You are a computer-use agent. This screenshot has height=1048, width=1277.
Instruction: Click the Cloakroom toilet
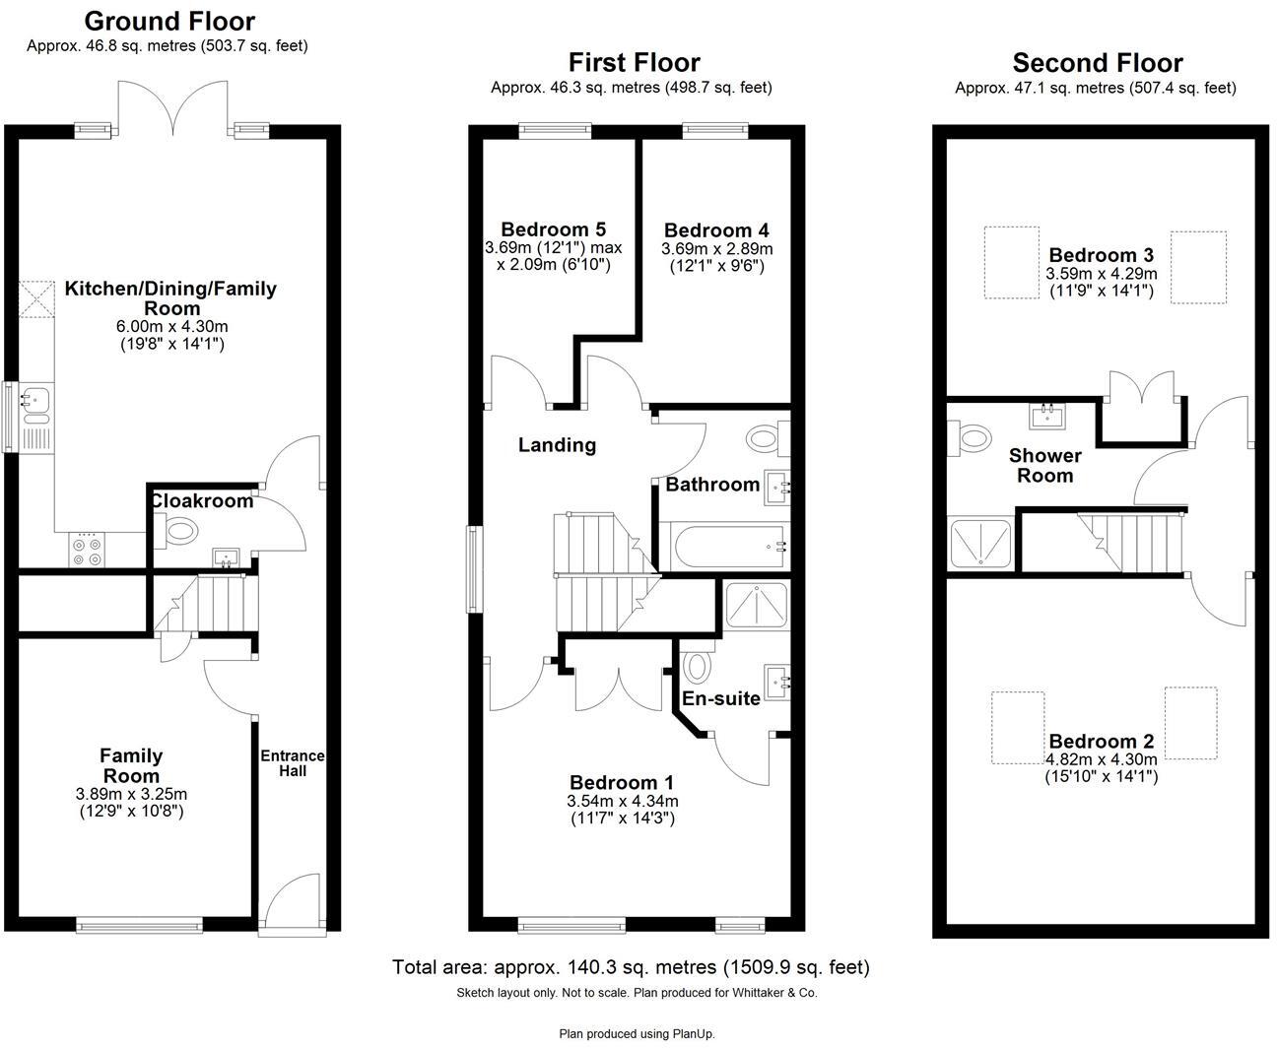click(179, 532)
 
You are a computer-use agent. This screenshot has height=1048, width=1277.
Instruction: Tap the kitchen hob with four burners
click(85, 550)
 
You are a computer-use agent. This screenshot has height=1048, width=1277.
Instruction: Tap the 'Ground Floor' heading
click(169, 21)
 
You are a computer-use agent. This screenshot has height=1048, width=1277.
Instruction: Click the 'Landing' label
click(557, 445)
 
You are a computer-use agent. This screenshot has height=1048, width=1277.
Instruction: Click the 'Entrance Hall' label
click(292, 762)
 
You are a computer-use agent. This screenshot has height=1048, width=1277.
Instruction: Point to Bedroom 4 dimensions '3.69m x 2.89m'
click(717, 249)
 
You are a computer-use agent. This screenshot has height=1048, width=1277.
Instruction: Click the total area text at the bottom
click(631, 967)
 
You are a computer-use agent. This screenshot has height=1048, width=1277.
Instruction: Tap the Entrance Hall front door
click(292, 906)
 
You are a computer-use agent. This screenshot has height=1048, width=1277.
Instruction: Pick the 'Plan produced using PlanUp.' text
click(637, 1033)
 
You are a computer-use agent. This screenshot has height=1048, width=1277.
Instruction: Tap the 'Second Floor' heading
click(1098, 63)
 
